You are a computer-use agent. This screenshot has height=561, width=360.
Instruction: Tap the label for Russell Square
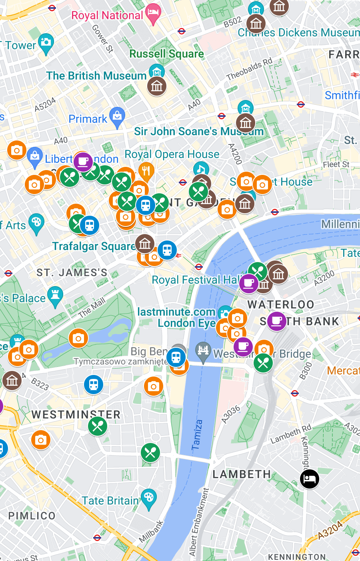point(166,54)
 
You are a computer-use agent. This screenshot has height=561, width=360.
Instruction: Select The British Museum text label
point(96,76)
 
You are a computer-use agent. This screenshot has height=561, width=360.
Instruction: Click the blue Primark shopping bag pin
point(117,117)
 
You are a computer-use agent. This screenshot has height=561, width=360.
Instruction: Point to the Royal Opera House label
point(172,154)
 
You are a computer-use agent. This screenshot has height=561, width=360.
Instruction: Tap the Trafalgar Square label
point(94,246)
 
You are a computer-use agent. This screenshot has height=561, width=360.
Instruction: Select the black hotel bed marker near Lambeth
point(310,479)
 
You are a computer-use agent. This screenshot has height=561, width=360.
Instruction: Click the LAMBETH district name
point(242,475)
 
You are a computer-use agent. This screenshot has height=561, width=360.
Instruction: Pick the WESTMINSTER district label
point(76,415)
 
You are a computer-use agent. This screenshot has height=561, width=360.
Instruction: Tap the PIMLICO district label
point(32,516)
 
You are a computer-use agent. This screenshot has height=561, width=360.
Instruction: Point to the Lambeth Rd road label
point(291,434)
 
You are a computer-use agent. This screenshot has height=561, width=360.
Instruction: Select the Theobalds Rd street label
point(249,69)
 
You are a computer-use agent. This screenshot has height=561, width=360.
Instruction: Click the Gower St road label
point(102,39)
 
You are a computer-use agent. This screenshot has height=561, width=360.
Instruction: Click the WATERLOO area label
point(281,305)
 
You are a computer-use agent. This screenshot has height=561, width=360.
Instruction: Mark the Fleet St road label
point(336,164)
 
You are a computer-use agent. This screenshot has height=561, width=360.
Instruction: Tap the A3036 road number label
point(231,414)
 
